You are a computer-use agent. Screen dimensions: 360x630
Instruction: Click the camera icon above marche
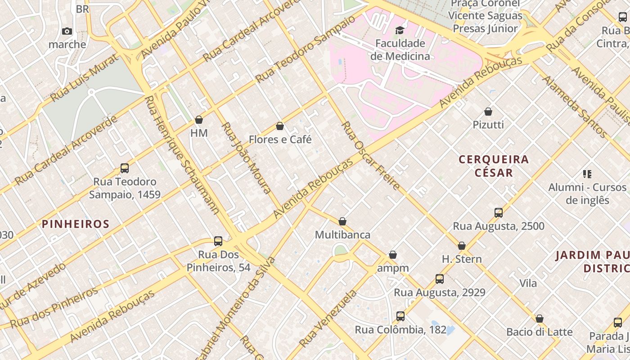point(67,31)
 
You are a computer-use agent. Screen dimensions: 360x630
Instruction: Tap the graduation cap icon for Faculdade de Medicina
point(400,30)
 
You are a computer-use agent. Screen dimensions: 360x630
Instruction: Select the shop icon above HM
point(199,120)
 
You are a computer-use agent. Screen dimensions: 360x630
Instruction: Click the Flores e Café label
point(280,139)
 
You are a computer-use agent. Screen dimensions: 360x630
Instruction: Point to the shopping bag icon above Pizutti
point(488,112)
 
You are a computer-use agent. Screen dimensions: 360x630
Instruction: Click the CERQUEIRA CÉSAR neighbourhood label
point(494,166)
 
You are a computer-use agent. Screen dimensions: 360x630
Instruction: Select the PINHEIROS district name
point(76,224)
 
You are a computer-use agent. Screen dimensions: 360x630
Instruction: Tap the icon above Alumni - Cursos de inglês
point(587,174)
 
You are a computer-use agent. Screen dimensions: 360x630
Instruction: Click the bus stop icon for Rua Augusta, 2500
point(499,213)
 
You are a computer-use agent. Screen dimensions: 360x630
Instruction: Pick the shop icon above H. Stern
point(462,246)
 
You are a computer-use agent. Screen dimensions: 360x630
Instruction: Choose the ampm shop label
point(393,268)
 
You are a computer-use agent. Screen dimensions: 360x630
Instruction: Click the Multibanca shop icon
point(342,221)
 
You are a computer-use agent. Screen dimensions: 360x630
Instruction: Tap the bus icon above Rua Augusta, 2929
point(440,279)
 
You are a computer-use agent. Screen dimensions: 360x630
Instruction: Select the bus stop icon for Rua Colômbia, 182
point(400,316)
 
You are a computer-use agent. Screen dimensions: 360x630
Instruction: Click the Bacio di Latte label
point(539,332)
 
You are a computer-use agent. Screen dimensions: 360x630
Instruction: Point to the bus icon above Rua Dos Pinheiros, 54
point(218,241)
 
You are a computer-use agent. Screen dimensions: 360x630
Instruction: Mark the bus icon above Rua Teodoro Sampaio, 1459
point(125,168)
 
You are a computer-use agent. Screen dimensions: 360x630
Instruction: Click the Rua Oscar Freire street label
point(370,155)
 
